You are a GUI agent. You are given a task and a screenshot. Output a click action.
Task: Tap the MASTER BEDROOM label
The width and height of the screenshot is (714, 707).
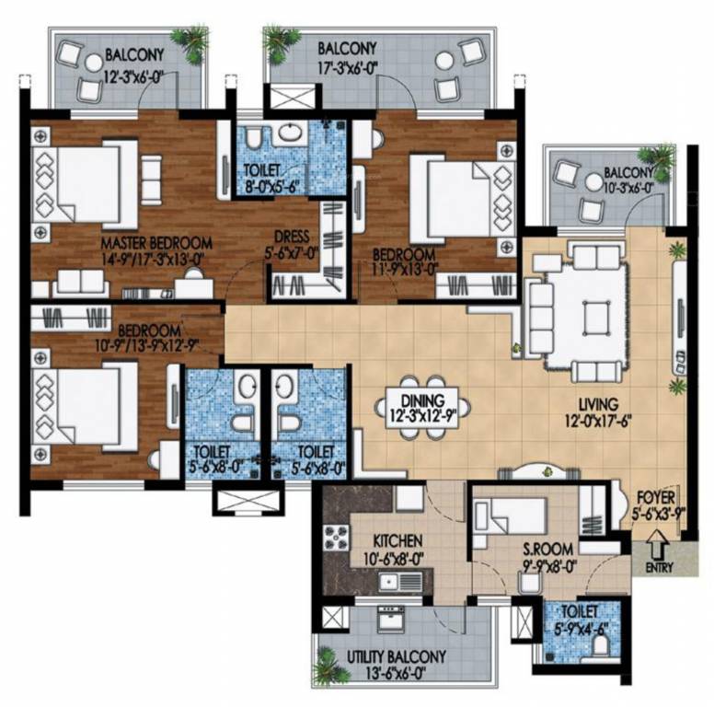pyautogui.click(x=156, y=242)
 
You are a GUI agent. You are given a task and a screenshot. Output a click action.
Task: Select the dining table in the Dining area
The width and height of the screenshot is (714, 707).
pyautogui.click(x=422, y=408)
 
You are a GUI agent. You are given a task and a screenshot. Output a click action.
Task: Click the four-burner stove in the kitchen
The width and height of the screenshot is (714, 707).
pyautogui.click(x=337, y=538)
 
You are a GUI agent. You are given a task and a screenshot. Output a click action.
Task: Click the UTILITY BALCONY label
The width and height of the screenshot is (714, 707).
pyautogui.click(x=397, y=657)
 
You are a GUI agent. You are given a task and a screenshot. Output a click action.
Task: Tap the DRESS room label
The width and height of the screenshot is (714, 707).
pyautogui.click(x=292, y=237)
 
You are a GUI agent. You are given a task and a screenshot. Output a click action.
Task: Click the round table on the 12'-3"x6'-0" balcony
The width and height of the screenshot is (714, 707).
pyautogui.click(x=94, y=63)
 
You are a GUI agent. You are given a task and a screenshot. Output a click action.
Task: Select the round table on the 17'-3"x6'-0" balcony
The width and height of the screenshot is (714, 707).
pyautogui.click(x=443, y=61)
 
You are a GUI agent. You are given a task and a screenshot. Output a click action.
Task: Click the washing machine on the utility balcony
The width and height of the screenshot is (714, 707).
pyautogui.click(x=391, y=619)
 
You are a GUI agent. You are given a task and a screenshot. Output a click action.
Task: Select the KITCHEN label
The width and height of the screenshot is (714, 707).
pyautogui.click(x=397, y=541)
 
